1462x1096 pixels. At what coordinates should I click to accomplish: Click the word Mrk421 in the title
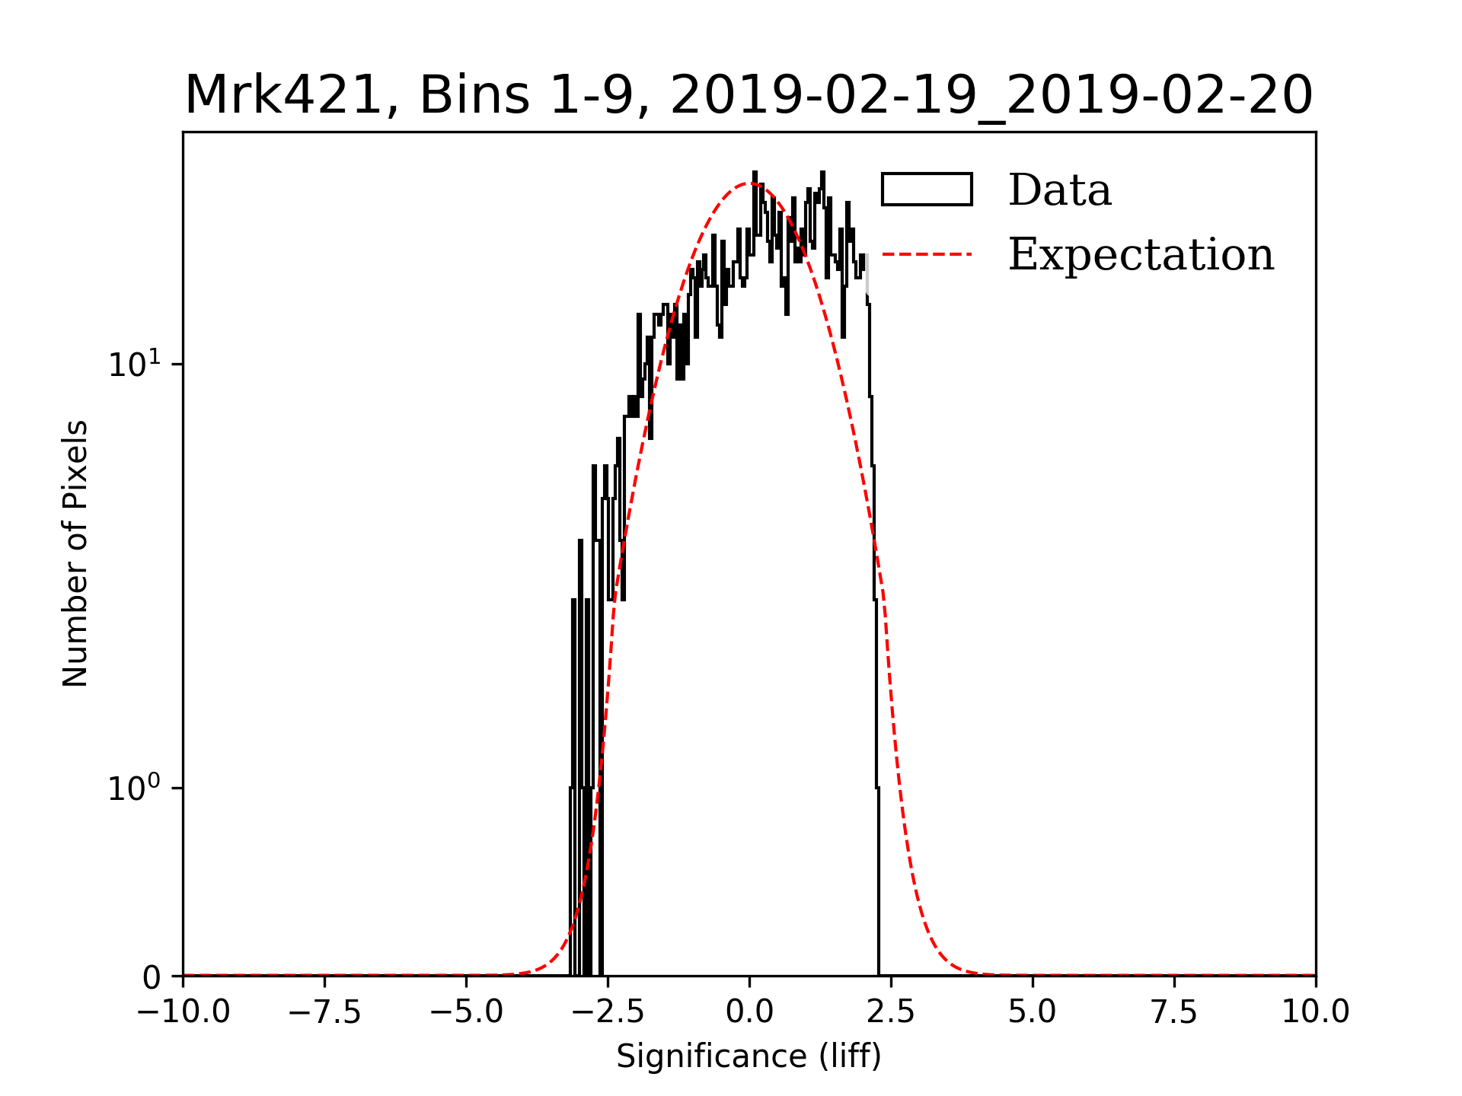click(x=283, y=96)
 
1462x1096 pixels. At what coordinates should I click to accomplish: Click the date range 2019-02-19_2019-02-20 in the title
click(x=991, y=96)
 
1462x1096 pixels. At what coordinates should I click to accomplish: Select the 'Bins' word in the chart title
click(x=474, y=96)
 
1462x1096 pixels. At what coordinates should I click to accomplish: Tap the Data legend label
click(x=1059, y=190)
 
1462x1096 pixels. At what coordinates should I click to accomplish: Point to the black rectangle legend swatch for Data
click(x=927, y=190)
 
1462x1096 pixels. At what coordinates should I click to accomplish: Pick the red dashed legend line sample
click(x=927, y=253)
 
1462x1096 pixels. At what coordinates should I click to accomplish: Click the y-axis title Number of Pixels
click(x=75, y=553)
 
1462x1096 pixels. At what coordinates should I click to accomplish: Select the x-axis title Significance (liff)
click(x=749, y=1056)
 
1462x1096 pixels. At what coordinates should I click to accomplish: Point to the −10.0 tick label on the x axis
click(x=183, y=1012)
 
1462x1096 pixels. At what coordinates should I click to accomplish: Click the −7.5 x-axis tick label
click(x=324, y=1012)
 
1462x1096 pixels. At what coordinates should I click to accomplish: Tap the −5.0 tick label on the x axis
click(x=466, y=1012)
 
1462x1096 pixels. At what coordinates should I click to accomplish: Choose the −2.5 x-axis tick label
click(x=608, y=1012)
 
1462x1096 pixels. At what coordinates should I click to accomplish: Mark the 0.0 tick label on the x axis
click(x=749, y=1012)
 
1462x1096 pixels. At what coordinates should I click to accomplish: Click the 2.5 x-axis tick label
click(x=891, y=1012)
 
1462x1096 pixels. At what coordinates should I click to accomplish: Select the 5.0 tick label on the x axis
click(x=1033, y=1012)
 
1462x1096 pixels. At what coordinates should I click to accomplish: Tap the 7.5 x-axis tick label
click(x=1174, y=1012)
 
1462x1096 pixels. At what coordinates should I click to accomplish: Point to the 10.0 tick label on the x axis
click(x=1315, y=1012)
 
